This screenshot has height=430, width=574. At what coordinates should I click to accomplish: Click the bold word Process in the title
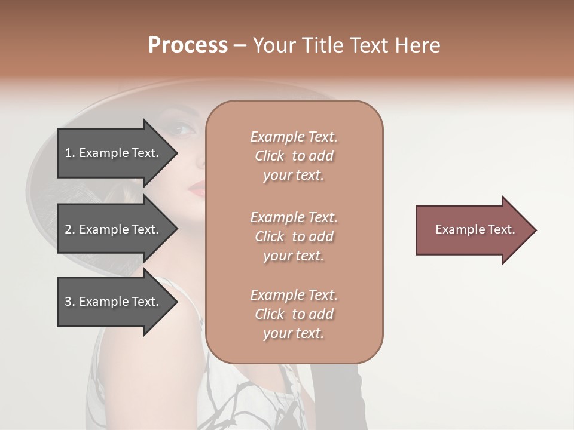pyautogui.click(x=188, y=45)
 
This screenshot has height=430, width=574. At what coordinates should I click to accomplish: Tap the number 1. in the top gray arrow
pyautogui.click(x=69, y=153)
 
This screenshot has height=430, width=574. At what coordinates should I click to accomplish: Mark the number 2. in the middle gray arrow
pyautogui.click(x=69, y=229)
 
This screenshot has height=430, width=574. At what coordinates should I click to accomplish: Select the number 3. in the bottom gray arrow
pyautogui.click(x=69, y=302)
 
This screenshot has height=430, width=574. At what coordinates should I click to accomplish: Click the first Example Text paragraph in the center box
pyautogui.click(x=294, y=156)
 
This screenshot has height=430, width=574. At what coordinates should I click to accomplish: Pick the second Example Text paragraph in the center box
pyautogui.click(x=294, y=236)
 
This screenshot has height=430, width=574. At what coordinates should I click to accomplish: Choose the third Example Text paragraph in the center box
pyautogui.click(x=294, y=314)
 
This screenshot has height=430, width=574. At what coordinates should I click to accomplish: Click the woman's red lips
pyautogui.click(x=197, y=189)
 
